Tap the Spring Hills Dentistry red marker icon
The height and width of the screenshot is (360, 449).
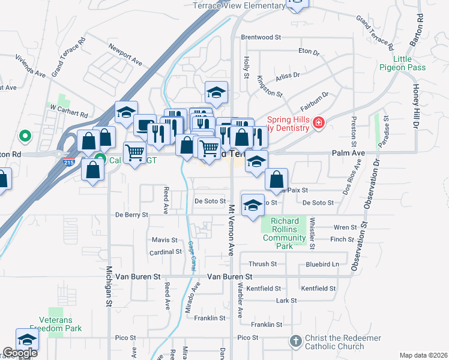pos(318,124)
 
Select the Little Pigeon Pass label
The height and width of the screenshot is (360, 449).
pos(409,63)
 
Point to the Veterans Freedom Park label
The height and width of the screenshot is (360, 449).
pos(56,325)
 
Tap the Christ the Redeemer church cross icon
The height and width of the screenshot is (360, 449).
pos(295,342)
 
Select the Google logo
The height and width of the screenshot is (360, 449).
pos(20,353)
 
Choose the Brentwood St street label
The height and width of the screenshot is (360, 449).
pos(261,37)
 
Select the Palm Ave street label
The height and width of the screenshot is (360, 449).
pos(348,154)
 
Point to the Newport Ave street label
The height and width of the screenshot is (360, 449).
pos(125,53)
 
